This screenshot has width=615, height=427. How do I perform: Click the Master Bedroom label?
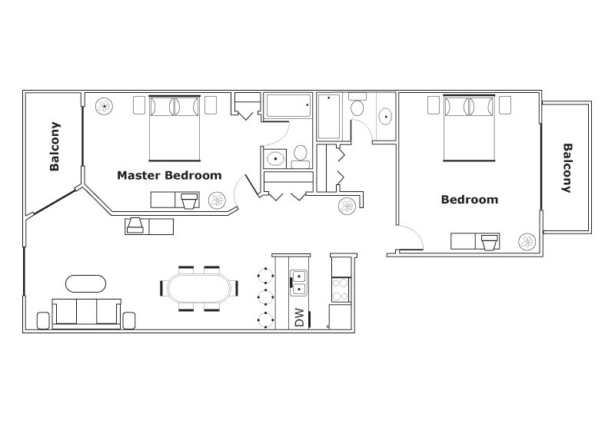(x=169, y=175)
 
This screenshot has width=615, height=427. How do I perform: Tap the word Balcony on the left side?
(x=55, y=146)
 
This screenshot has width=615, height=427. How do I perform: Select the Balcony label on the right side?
(x=567, y=168)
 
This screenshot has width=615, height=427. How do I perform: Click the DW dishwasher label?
(x=299, y=317)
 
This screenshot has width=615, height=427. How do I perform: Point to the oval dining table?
(x=199, y=288)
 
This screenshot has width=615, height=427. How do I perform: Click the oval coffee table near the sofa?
(x=85, y=283)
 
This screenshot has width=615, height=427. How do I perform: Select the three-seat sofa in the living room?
(x=87, y=314)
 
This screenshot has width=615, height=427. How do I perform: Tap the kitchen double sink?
(x=298, y=283)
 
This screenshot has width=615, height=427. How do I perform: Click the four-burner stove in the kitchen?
(x=341, y=290)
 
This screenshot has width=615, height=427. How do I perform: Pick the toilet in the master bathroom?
(x=301, y=157)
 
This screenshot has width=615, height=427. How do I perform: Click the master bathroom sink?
(x=275, y=159)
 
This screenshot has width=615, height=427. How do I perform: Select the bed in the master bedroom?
(x=175, y=128)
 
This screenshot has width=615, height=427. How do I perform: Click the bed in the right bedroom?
(x=469, y=128)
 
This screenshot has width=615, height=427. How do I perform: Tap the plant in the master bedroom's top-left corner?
(x=105, y=106)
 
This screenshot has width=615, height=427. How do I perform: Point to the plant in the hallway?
(x=347, y=206)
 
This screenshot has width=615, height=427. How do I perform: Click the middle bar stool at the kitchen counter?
(x=266, y=298)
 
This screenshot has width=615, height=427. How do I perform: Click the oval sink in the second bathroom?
(x=386, y=116)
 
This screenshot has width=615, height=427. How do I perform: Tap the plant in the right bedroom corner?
(x=527, y=242)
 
